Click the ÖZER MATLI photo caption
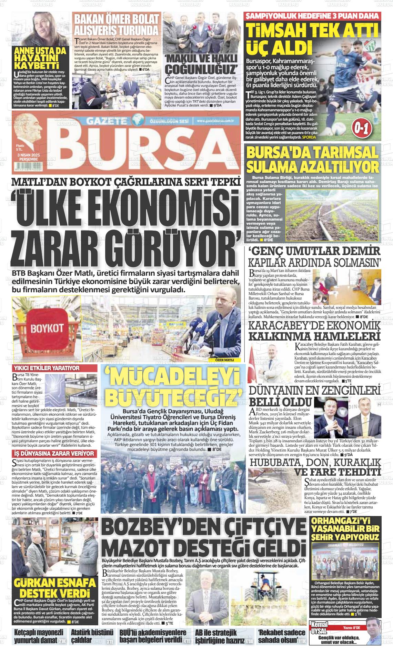pos(224,360)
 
